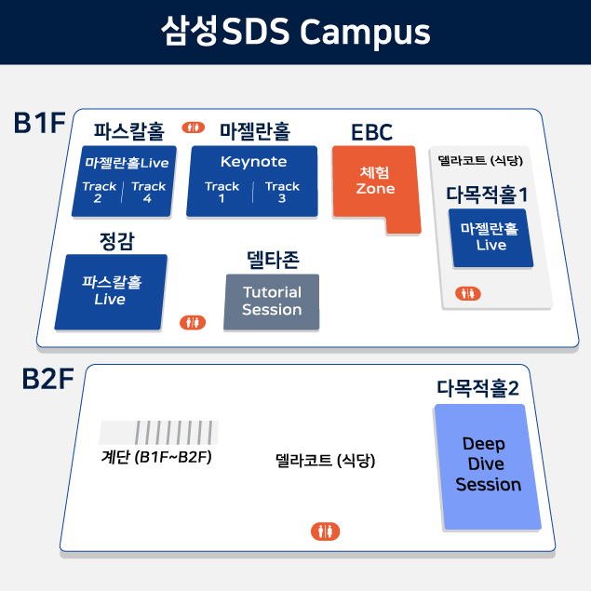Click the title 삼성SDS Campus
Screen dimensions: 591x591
point(295,32)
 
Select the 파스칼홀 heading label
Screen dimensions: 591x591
point(128,128)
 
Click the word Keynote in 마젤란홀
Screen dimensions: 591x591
point(253,162)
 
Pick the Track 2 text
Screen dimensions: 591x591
point(99,192)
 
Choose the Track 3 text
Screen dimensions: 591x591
point(282,192)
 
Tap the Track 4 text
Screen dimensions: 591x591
point(148,192)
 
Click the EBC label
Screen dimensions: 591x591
point(371,132)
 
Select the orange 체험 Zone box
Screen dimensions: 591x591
point(376,187)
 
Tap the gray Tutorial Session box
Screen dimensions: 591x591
point(272,301)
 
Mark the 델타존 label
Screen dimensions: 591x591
point(272,258)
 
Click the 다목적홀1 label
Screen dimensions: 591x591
point(487,195)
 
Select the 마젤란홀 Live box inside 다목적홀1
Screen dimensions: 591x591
point(490,236)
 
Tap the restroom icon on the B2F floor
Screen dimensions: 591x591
point(325,531)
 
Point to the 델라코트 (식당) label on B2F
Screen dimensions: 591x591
point(325,461)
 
